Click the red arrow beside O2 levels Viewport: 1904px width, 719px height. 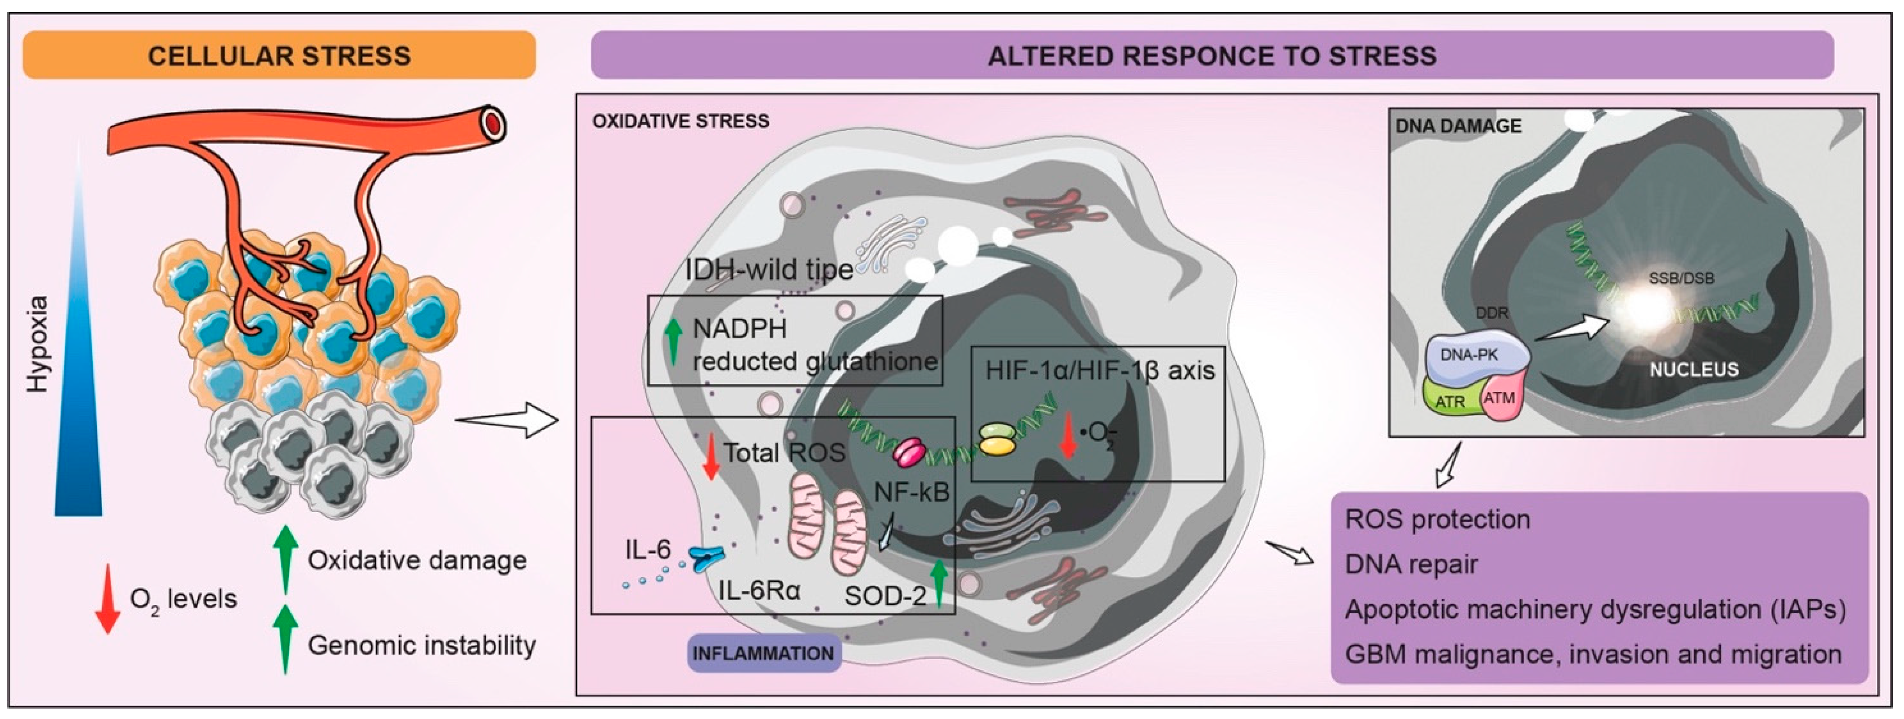[x=108, y=599]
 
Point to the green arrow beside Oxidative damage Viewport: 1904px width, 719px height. [x=285, y=558]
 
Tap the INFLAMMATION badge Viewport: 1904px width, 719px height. [x=764, y=653]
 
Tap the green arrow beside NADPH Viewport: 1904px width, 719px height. [x=672, y=341]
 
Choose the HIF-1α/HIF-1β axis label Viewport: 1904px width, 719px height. [x=1100, y=370]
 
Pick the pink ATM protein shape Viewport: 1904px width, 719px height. [x=1501, y=399]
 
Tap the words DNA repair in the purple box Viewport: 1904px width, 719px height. [x=1411, y=565]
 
